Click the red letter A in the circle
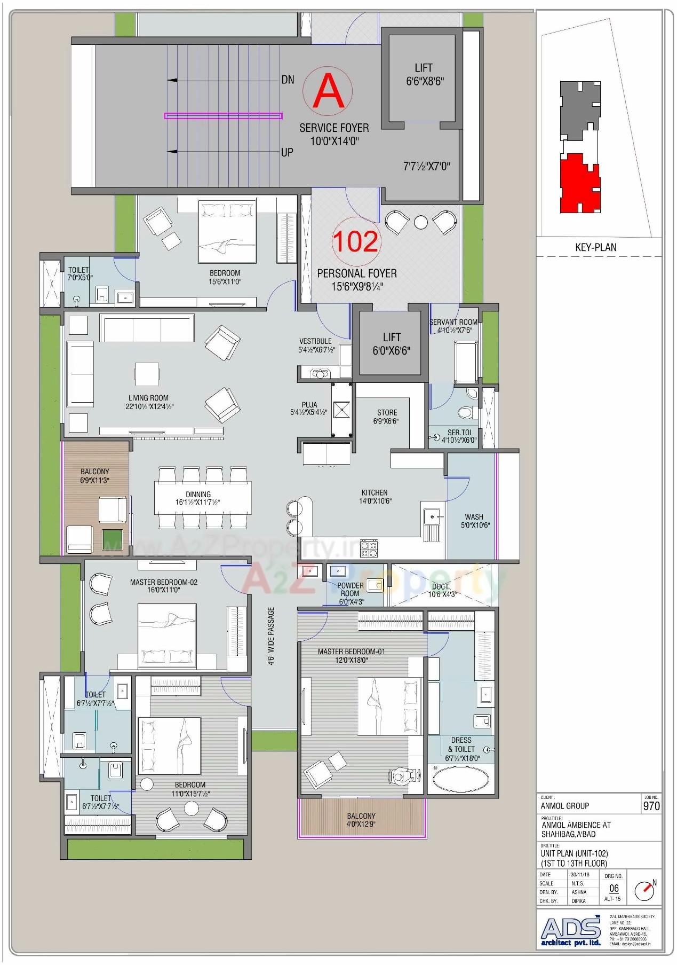coord(328,92)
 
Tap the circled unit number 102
coord(355,241)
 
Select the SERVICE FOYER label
coord(334,128)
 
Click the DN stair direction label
coord(288,80)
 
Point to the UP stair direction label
coord(287,153)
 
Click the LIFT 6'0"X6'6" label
coord(392,344)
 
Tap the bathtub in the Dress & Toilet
coord(460,779)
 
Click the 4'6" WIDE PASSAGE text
coord(271,636)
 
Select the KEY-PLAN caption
coord(595,247)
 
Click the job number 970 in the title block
coord(651,806)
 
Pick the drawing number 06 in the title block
coord(614,889)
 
